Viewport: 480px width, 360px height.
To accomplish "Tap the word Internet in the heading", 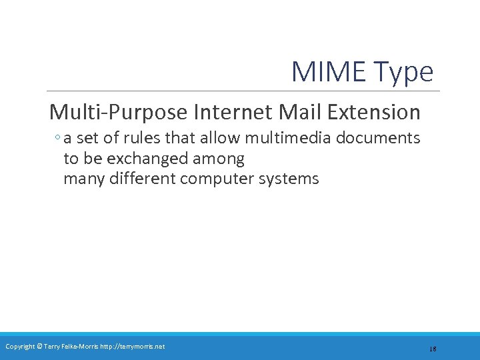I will coord(231,112).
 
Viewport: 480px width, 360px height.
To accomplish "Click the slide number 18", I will coord(433,349).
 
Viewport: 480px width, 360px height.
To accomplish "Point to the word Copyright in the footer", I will coord(20,346).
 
